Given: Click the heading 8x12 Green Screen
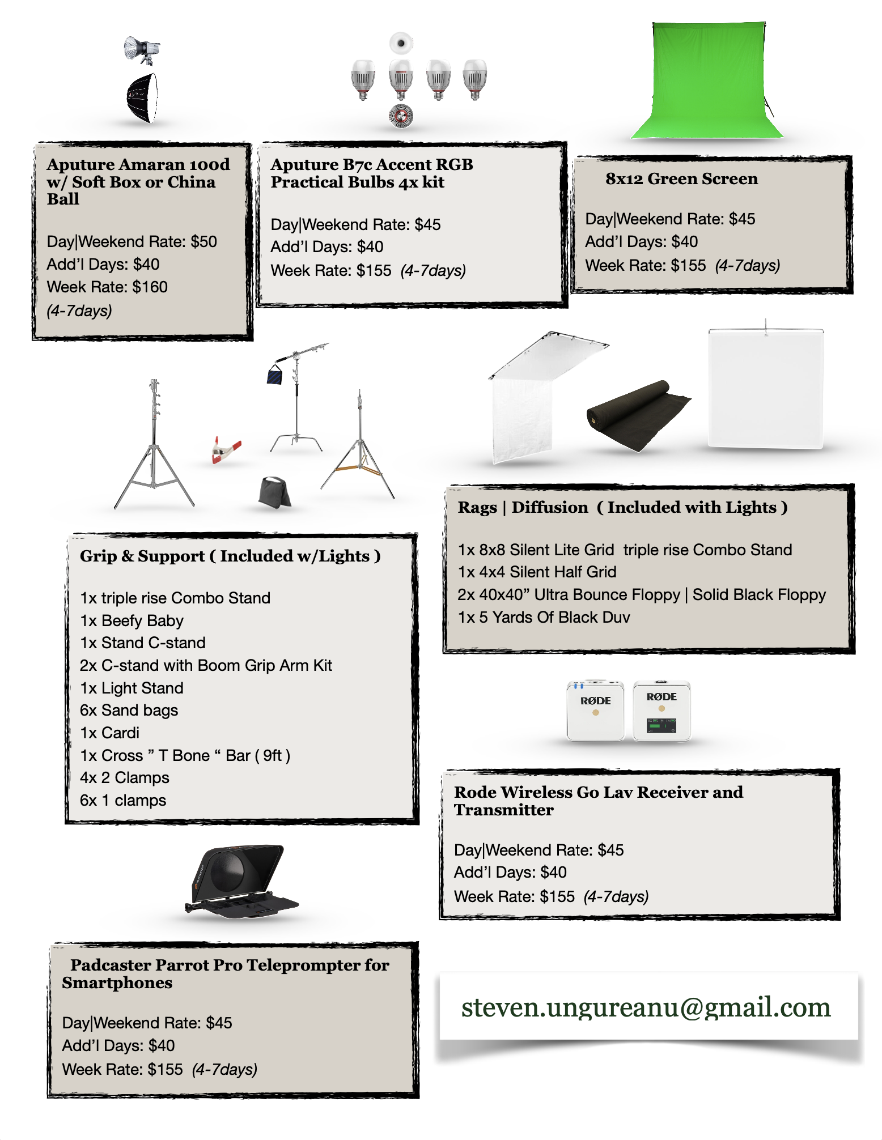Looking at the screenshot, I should pyautogui.click(x=681, y=179).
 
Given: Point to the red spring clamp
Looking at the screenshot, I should pyautogui.click(x=226, y=450).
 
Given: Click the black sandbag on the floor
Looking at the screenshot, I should pyautogui.click(x=274, y=492).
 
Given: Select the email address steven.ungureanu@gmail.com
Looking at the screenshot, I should pyautogui.click(x=646, y=1007).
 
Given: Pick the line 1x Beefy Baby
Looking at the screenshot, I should pyautogui.click(x=132, y=621).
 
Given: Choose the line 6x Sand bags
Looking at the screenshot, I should pyautogui.click(x=129, y=711).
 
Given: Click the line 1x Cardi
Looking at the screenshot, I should pyautogui.click(x=109, y=733).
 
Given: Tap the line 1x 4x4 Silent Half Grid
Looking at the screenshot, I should pyautogui.click(x=537, y=572).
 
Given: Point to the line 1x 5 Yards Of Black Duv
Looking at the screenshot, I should pyautogui.click(x=544, y=618).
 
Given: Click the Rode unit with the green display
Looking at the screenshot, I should pyautogui.click(x=661, y=712).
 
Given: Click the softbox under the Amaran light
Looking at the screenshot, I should pyautogui.click(x=142, y=97).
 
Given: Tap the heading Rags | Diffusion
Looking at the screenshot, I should pyautogui.click(x=523, y=508).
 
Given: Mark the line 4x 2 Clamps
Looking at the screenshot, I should pyautogui.click(x=124, y=778).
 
